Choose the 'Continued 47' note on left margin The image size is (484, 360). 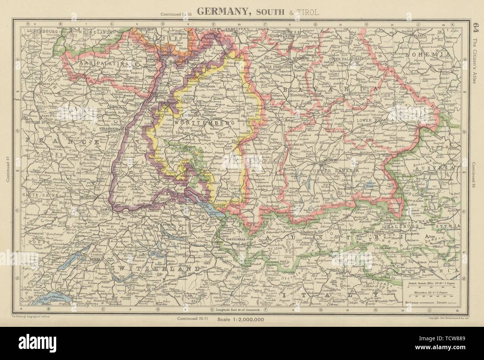(8, 168)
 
